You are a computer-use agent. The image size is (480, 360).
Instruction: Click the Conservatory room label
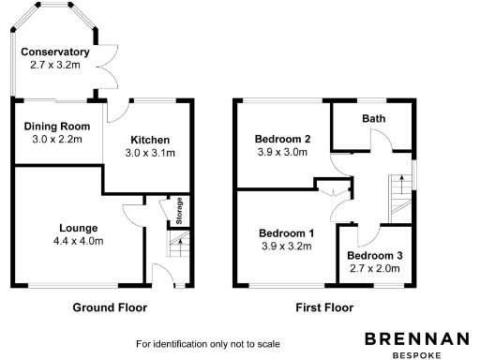point(55,52)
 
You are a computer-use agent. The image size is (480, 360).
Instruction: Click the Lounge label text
point(79,228)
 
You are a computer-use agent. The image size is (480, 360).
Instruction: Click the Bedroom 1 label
point(286,233)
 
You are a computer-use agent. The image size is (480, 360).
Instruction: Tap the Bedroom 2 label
point(282,140)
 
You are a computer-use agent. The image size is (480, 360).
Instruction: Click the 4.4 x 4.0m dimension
point(79,241)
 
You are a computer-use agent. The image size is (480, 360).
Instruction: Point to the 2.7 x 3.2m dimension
point(55,66)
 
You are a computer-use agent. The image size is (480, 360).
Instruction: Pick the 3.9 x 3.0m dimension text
point(282,153)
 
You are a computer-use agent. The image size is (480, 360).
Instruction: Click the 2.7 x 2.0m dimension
point(374,269)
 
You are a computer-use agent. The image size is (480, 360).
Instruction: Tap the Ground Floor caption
point(110,307)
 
